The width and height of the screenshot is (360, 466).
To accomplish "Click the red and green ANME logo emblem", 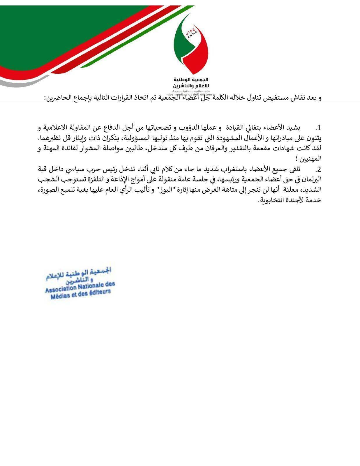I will tap(191, 44).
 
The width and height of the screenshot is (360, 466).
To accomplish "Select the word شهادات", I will tap(285, 148).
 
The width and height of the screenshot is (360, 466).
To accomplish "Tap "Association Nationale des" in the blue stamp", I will tap(80, 287).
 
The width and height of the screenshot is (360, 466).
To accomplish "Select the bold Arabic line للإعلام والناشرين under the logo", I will tap(191, 86).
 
